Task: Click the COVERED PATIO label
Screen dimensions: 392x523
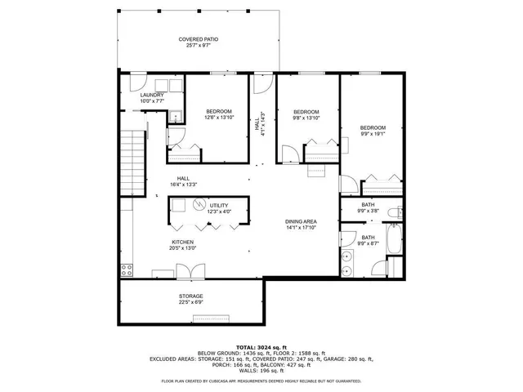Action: coord(199,39)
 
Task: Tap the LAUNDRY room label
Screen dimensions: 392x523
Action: coord(152,95)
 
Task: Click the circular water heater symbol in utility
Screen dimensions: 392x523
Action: coord(197,205)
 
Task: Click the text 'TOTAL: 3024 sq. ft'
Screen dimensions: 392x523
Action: coord(261,347)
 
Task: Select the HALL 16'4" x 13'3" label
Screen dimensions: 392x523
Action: coord(183,182)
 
